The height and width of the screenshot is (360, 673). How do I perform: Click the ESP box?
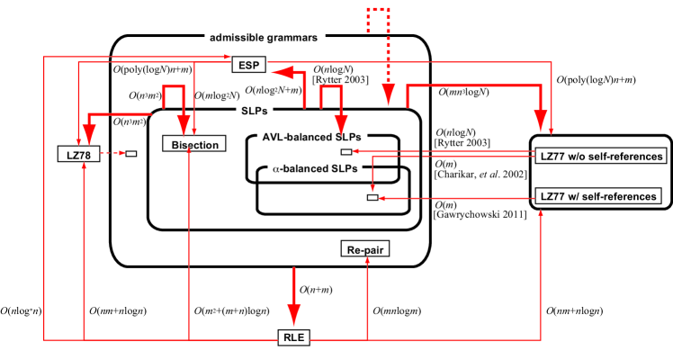click(x=249, y=65)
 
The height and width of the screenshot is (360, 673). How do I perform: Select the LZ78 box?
click(x=78, y=154)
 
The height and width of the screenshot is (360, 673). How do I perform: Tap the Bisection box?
click(x=194, y=144)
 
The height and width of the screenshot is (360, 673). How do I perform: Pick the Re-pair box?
click(x=364, y=249)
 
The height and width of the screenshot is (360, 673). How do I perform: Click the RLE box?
click(x=293, y=337)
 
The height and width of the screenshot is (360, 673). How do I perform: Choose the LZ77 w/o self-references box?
click(x=601, y=157)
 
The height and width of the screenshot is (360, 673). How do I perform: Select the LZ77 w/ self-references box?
click(x=598, y=196)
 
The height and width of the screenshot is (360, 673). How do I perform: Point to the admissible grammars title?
click(x=263, y=38)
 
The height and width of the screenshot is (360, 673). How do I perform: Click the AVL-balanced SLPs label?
click(x=311, y=138)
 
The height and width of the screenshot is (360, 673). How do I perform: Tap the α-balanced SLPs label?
click(x=315, y=169)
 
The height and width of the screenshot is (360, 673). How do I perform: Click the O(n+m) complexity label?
click(x=316, y=290)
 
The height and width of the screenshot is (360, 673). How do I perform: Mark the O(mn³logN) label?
click(x=463, y=92)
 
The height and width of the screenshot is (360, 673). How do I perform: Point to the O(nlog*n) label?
click(x=21, y=311)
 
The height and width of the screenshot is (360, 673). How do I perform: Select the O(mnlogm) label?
click(x=397, y=311)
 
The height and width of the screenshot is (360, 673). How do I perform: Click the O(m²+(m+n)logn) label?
click(x=232, y=311)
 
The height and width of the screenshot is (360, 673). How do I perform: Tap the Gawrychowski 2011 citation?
click(x=480, y=214)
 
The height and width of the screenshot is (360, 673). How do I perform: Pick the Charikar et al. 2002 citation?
click(x=480, y=175)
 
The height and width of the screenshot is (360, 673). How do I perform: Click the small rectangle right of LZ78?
click(x=130, y=154)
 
